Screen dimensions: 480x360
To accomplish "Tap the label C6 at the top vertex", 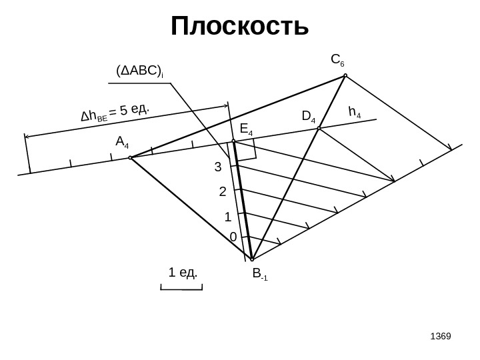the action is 338,62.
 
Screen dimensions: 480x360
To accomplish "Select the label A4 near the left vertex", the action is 123,142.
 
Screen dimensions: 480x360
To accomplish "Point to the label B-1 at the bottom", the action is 259,273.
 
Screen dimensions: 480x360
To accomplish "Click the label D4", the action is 309,117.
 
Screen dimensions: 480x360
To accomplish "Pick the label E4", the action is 246,129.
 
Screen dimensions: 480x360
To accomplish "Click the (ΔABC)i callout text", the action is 140,71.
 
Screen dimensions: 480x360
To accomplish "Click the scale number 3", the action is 217,168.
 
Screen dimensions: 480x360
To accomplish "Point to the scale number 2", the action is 223,193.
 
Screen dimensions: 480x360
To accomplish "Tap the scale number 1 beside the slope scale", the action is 227,217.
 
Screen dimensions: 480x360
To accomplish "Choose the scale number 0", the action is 233,237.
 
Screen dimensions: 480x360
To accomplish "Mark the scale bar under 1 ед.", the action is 181,288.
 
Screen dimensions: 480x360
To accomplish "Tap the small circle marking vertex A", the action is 130,158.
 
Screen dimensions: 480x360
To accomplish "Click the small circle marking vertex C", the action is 345,75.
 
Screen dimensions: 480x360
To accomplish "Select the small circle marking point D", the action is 320,128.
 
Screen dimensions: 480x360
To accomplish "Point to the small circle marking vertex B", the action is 252,259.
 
